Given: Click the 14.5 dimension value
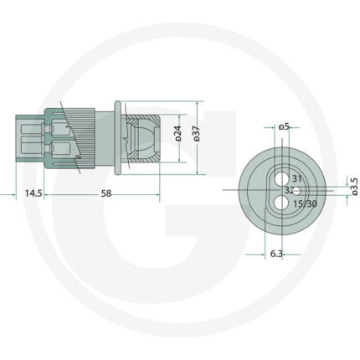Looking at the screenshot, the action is [33, 193].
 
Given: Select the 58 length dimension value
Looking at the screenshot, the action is [106, 193].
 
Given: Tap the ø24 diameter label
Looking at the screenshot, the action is [178, 133].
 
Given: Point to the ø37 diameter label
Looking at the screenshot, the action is [197, 133].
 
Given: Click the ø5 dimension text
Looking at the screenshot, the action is [284, 127].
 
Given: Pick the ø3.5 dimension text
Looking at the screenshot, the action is [354, 186].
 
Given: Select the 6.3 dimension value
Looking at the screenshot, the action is [276, 254].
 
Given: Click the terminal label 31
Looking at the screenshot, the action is [297, 178].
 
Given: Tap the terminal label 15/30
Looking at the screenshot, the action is [305, 203].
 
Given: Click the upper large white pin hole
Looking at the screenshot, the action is [281, 179].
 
